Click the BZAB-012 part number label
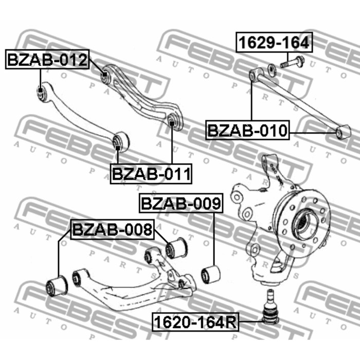(x=47, y=60)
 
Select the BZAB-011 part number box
(x=151, y=174)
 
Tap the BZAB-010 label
(x=247, y=130)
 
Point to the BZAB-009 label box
(x=181, y=203)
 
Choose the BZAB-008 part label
(x=112, y=229)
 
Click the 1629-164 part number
(x=274, y=43)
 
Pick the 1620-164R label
(x=195, y=322)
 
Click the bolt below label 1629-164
(x=292, y=62)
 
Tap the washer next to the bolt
(x=272, y=71)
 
